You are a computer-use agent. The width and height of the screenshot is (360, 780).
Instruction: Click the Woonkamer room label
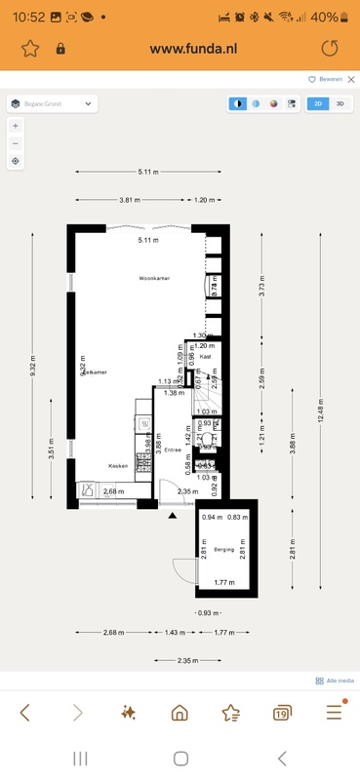click(x=154, y=278)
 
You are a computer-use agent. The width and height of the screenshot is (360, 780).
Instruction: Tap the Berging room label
click(x=226, y=550)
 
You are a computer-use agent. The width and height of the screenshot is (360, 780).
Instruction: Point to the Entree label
click(x=173, y=450)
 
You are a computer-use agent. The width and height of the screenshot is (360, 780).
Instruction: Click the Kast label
click(x=206, y=357)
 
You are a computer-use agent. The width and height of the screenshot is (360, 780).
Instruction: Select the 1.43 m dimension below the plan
click(x=173, y=633)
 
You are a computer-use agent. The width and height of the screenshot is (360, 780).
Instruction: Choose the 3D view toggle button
click(x=340, y=102)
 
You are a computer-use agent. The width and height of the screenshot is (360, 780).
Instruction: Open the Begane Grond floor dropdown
click(x=52, y=102)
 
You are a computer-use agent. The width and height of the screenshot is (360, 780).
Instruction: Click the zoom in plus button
click(x=16, y=126)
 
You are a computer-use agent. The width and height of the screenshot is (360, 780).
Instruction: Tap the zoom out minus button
click(x=16, y=143)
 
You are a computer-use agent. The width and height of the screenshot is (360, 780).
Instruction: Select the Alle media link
click(x=335, y=681)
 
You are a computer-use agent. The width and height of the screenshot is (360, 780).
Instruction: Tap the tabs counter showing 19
click(x=281, y=714)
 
